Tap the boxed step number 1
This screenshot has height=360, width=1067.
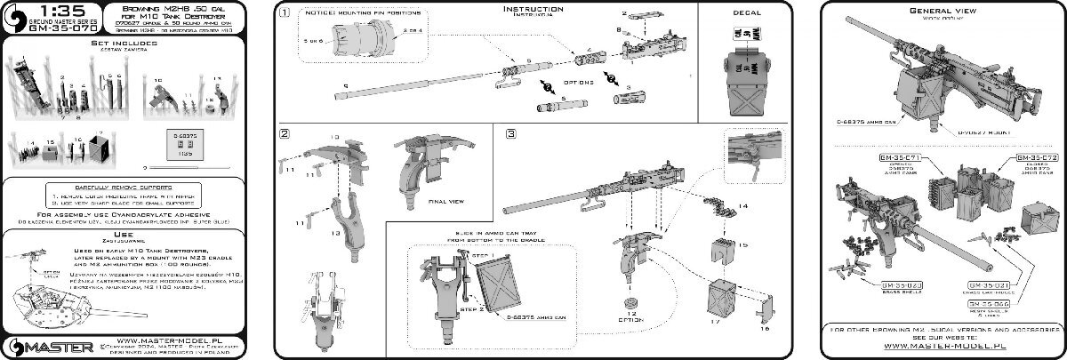(284, 14)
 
